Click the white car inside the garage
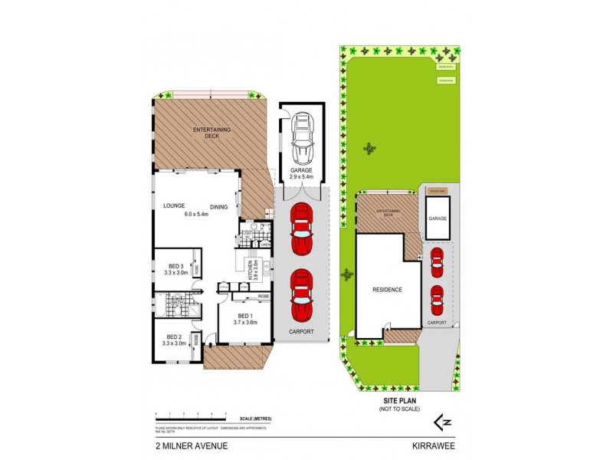click(x=302, y=135)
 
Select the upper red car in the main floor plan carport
click(x=302, y=228)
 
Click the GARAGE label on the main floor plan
click(x=302, y=170)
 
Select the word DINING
click(x=219, y=205)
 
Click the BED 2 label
click(x=175, y=337)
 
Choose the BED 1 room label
click(x=245, y=316)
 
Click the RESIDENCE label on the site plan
click(x=388, y=289)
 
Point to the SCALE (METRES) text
click(x=256, y=418)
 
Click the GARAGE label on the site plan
click(x=438, y=219)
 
